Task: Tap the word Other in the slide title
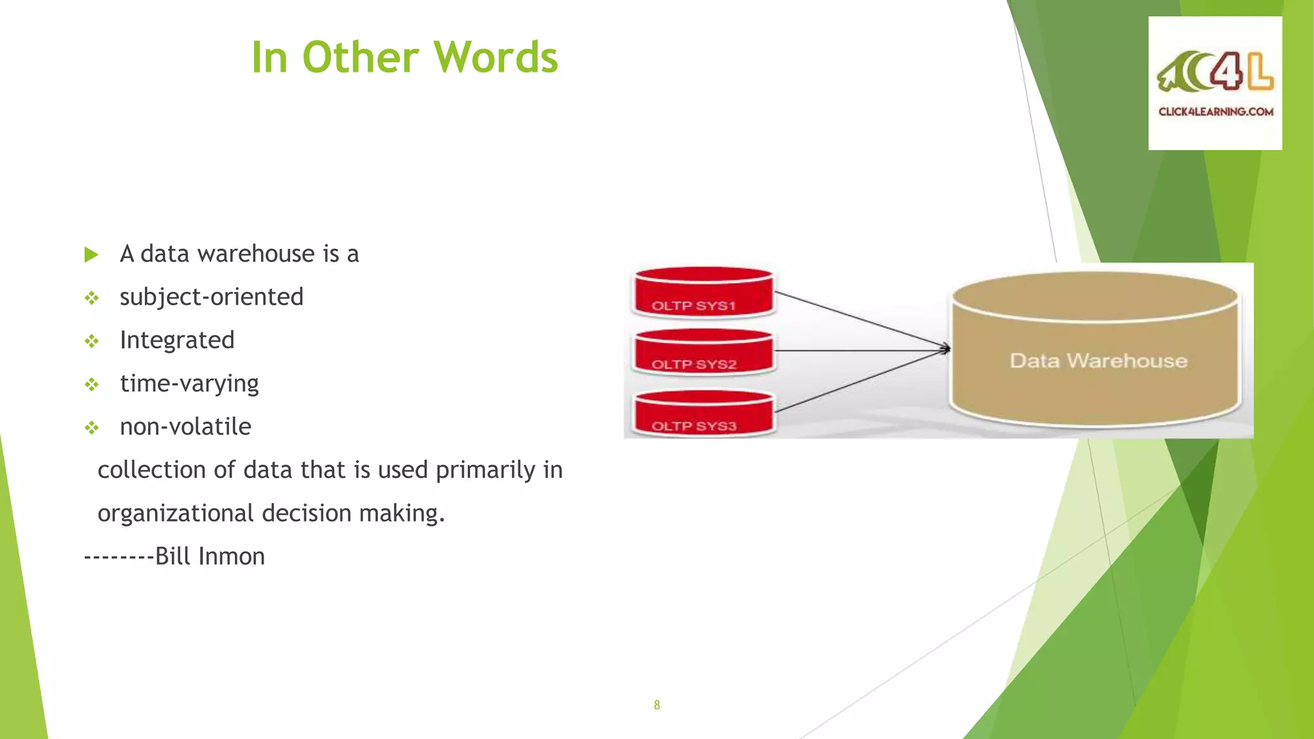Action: (360, 58)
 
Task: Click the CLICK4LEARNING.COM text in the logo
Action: (1216, 112)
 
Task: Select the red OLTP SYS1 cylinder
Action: (703, 293)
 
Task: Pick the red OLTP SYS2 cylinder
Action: (703, 352)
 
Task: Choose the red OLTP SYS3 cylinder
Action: (703, 413)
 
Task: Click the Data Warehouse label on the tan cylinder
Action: (1098, 361)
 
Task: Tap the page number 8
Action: (656, 705)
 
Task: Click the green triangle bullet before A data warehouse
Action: (91, 255)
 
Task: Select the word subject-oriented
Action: (211, 297)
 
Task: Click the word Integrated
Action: (177, 340)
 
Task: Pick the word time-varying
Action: (189, 384)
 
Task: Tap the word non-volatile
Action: (185, 427)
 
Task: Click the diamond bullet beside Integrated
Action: (92, 341)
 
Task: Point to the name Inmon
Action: (232, 556)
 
